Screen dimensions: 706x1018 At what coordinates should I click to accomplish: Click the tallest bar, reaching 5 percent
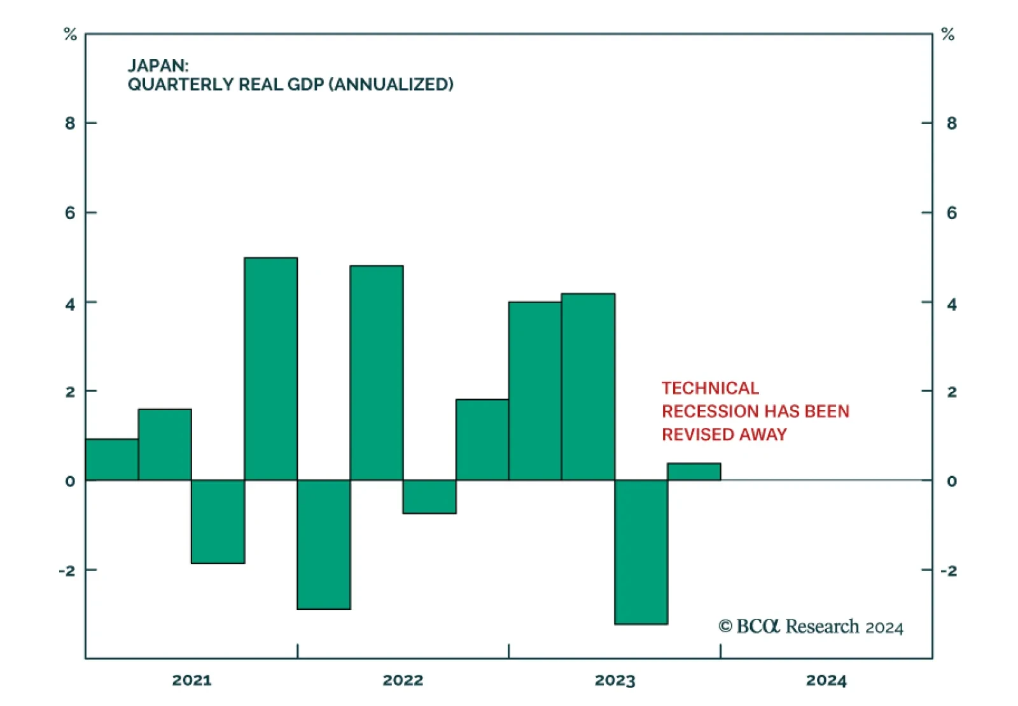(271, 369)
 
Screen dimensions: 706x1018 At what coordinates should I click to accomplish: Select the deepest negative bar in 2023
(641, 552)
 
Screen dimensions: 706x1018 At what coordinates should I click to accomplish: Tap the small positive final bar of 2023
(694, 472)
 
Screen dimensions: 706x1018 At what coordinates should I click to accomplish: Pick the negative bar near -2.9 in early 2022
(324, 544)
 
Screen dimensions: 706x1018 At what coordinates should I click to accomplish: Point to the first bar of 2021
(112, 459)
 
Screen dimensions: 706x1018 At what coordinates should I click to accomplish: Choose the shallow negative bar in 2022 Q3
(429, 497)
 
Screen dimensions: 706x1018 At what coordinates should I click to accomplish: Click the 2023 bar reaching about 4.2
(589, 386)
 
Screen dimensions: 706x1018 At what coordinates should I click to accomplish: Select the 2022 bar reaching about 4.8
(377, 372)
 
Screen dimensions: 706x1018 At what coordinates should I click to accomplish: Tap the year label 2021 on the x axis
(192, 680)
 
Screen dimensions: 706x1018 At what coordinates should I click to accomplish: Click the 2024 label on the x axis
(826, 680)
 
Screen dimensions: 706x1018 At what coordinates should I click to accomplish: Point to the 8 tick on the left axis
(70, 123)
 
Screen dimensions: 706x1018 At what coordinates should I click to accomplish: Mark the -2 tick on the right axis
(949, 570)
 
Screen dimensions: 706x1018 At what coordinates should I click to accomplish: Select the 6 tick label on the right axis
(952, 213)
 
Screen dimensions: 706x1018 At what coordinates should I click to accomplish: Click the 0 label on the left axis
(70, 481)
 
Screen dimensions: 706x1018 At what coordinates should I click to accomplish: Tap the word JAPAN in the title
(157, 66)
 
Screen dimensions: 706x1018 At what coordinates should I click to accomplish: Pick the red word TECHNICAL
(710, 388)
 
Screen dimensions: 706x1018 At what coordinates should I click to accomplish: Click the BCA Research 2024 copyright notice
(811, 627)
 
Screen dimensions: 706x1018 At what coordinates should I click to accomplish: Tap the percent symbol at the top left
(70, 34)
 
